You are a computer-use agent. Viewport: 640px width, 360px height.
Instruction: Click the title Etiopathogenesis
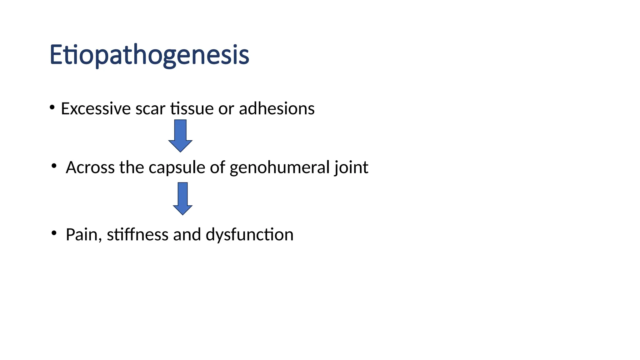click(149, 55)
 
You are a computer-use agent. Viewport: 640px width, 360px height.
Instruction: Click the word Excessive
click(96, 109)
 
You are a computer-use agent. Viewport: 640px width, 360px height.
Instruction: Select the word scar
click(150, 109)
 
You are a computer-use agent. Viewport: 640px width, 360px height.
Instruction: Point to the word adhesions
click(277, 109)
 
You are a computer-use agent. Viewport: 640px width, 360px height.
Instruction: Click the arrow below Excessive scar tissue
click(180, 136)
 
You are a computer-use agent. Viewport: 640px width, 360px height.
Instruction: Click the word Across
click(90, 167)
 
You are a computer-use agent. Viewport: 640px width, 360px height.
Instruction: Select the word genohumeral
click(279, 168)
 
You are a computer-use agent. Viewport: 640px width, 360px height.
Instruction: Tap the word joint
click(352, 168)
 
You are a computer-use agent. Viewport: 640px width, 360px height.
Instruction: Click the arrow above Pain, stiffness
click(183, 199)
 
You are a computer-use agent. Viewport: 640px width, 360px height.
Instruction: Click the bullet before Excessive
click(52, 107)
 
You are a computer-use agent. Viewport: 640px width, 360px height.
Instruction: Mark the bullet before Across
click(54, 166)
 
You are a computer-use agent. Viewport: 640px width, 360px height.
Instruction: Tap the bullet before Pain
click(54, 233)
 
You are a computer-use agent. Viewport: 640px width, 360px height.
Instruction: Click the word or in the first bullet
click(226, 109)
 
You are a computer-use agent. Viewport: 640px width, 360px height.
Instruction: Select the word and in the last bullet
click(187, 235)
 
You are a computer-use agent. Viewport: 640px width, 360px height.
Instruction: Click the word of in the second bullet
click(217, 167)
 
